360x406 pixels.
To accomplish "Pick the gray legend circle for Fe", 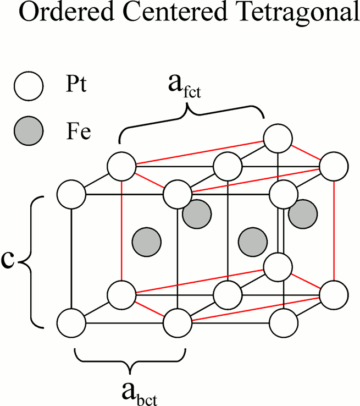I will (28, 132).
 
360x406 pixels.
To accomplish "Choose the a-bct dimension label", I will (130, 391).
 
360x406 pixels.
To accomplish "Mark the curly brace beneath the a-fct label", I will (191, 117).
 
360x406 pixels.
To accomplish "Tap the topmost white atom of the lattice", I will (278, 138).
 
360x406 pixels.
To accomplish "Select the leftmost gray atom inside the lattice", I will (147, 240).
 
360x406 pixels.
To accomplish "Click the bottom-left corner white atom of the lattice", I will (71, 322).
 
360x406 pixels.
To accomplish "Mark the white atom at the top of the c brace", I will (71, 193).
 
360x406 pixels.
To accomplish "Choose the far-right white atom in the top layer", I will (334, 166).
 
